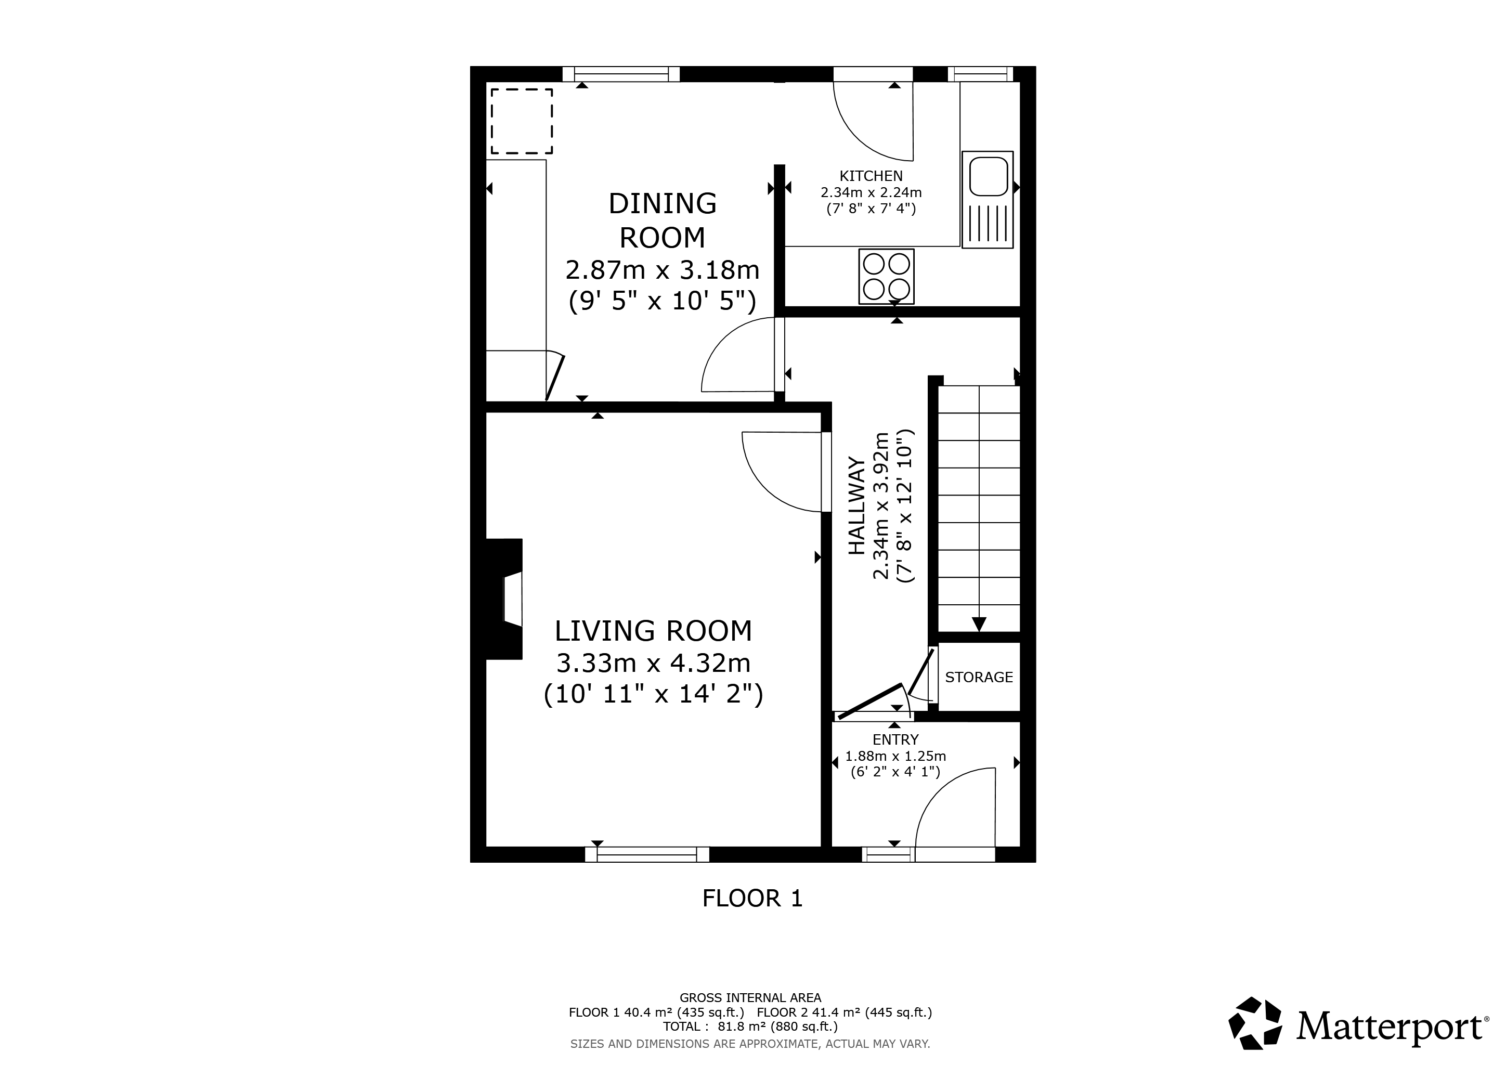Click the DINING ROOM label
[663, 220]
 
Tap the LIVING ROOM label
[653, 631]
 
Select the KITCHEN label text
[871, 176]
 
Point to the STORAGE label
[979, 677]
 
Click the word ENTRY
[895, 740]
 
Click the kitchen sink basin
[988, 176]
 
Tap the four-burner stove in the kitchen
[886, 276]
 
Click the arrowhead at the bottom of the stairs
[979, 625]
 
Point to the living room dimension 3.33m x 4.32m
[653, 663]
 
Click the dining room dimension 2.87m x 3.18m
[663, 269]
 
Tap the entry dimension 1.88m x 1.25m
[895, 756]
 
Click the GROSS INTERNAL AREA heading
[750, 998]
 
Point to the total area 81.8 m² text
[750, 1027]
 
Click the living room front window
[647, 854]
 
